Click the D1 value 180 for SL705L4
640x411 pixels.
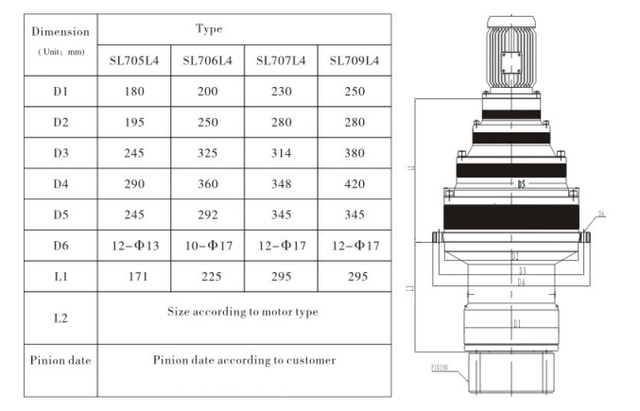(133, 92)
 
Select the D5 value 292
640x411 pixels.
(207, 214)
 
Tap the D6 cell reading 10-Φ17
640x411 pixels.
(207, 247)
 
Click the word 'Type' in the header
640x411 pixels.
(209, 29)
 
